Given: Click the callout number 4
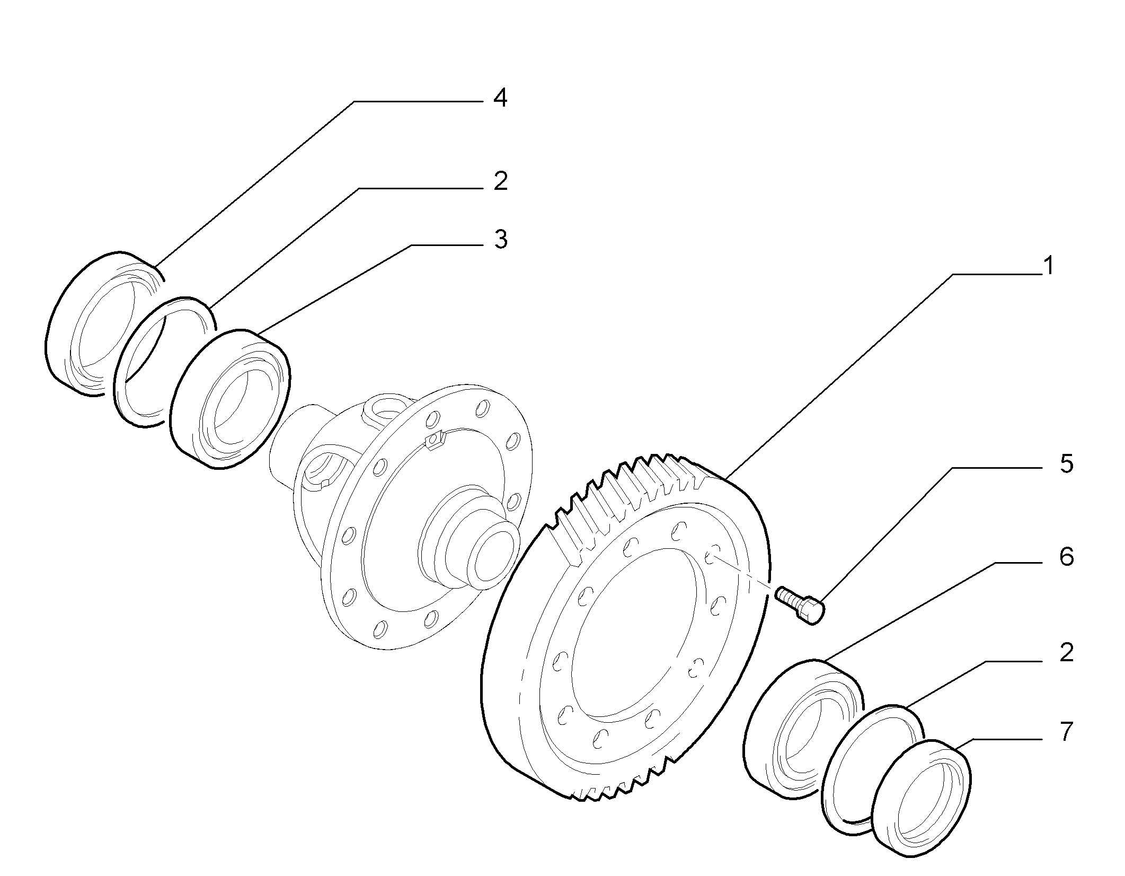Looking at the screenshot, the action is [500, 99].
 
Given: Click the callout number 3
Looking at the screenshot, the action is [500, 240].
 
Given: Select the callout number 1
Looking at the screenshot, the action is [1048, 266].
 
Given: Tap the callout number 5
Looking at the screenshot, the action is [1066, 463].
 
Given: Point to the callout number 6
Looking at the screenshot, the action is [1066, 557].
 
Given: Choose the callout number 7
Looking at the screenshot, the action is [1066, 732].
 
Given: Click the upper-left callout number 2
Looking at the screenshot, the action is [500, 181].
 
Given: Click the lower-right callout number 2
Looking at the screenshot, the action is [1066, 652].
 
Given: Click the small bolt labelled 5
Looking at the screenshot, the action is [801, 604].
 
